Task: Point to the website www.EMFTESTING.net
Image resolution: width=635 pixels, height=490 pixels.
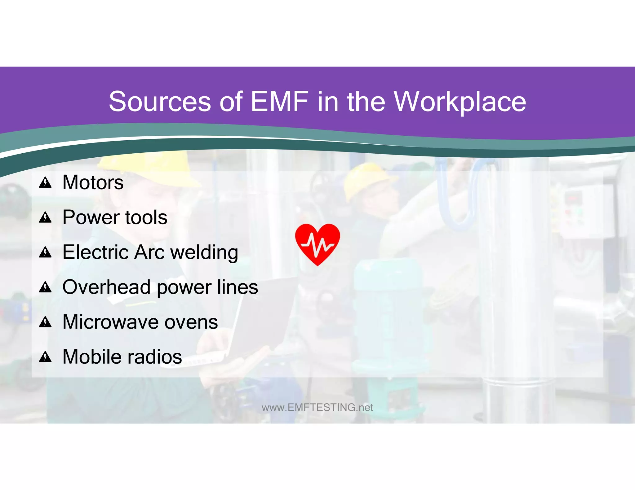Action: tap(317, 408)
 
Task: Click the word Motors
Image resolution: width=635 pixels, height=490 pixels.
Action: tap(93, 182)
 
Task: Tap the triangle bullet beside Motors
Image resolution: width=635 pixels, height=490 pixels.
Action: tap(45, 183)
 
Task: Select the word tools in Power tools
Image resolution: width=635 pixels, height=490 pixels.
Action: tap(146, 217)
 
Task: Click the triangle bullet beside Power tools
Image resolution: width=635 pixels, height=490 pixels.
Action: tap(45, 218)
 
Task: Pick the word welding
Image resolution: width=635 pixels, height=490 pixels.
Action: tap(204, 253)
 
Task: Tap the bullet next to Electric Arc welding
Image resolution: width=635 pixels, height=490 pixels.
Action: tap(45, 253)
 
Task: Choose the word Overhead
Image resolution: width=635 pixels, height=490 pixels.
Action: tap(106, 287)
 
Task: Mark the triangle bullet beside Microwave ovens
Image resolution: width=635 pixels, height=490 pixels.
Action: tap(45, 323)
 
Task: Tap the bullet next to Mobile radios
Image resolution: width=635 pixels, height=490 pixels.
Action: tap(45, 357)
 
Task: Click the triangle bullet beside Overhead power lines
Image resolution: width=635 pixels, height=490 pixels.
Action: tap(45, 288)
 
